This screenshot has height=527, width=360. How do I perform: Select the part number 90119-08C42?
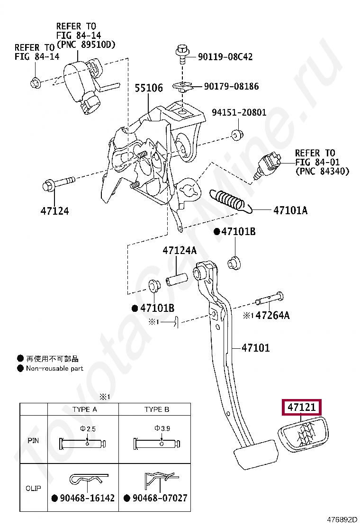(225, 57)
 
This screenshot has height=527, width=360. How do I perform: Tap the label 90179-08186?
(231, 86)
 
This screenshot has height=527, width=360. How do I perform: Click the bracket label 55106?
(148, 88)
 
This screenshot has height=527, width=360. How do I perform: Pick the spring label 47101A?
(290, 210)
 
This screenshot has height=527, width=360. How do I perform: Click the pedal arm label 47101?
(255, 348)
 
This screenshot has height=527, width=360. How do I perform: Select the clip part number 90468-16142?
(87, 498)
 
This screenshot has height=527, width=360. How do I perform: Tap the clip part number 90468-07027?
(160, 498)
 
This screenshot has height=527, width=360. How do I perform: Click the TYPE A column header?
(84, 409)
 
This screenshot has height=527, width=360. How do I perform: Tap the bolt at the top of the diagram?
(182, 55)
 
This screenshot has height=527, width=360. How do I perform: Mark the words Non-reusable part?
(54, 368)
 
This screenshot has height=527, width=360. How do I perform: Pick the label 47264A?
(272, 315)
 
